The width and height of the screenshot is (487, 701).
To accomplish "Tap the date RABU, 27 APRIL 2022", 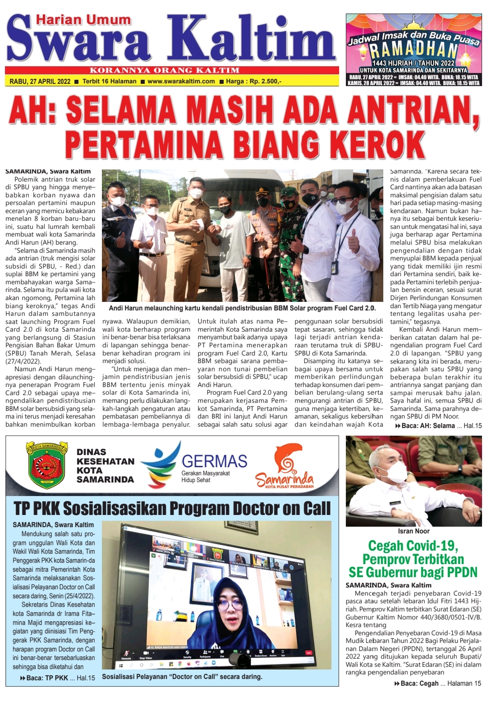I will coord(40,82).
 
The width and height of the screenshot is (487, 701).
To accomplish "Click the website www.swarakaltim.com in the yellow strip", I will coord(181,82).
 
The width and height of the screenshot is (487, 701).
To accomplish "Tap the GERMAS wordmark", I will coord(214,461).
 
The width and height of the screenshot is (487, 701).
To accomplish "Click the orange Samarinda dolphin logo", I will coord(285,466).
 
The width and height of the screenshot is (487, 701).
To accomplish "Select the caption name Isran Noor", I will coord(413,531).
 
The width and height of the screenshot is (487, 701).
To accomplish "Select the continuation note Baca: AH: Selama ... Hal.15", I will coord(438,426).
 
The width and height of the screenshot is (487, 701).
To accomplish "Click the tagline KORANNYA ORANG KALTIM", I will coord(165,70).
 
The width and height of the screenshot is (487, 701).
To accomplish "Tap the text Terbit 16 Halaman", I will coord(110,82).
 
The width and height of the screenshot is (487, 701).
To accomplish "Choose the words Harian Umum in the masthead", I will coord(83,20).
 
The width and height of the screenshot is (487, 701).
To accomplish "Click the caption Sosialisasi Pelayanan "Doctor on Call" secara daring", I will coord(182,677).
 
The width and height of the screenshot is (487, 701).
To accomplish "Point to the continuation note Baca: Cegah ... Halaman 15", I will coord(437,683).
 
